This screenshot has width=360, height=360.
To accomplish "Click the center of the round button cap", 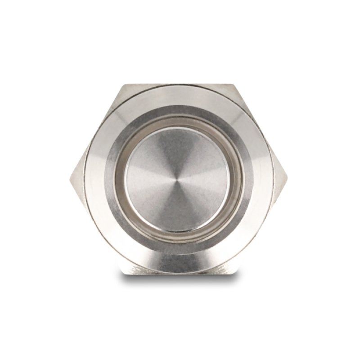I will coord(177,179).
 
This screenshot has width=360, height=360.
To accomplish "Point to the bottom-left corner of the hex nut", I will coord(122,272).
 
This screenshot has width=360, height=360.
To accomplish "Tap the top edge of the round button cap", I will coord(177,128).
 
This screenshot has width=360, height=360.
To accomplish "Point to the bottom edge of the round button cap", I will coord(177,230).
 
